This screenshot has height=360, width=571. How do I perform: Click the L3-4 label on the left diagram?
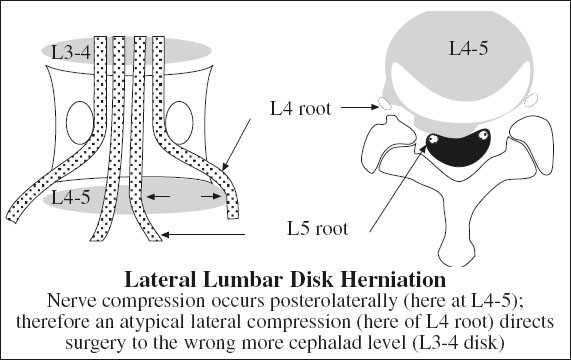coord(71,52)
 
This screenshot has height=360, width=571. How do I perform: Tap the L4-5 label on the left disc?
coord(71,198)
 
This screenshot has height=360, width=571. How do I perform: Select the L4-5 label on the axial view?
coord(468,48)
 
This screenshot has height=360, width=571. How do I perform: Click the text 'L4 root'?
coord(301,108)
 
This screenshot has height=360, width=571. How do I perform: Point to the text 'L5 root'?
coord(318,229)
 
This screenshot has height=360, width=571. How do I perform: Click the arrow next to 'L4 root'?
coord(360,107)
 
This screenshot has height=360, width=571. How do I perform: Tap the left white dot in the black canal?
coord(434,139)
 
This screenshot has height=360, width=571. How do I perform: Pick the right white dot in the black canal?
coord(483,135)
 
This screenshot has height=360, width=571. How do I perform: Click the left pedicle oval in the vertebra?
coord(80,123)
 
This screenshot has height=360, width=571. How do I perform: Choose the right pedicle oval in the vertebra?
coord(179,123)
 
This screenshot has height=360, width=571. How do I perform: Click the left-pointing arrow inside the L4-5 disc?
coord(158,197)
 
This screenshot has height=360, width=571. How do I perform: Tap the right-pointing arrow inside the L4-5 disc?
coord(211,197)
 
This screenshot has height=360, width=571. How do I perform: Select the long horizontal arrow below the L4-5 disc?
coord(203,235)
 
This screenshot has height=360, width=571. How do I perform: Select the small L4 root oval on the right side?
coord(531,100)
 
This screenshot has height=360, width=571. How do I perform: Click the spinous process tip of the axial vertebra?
coord(456,264)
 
